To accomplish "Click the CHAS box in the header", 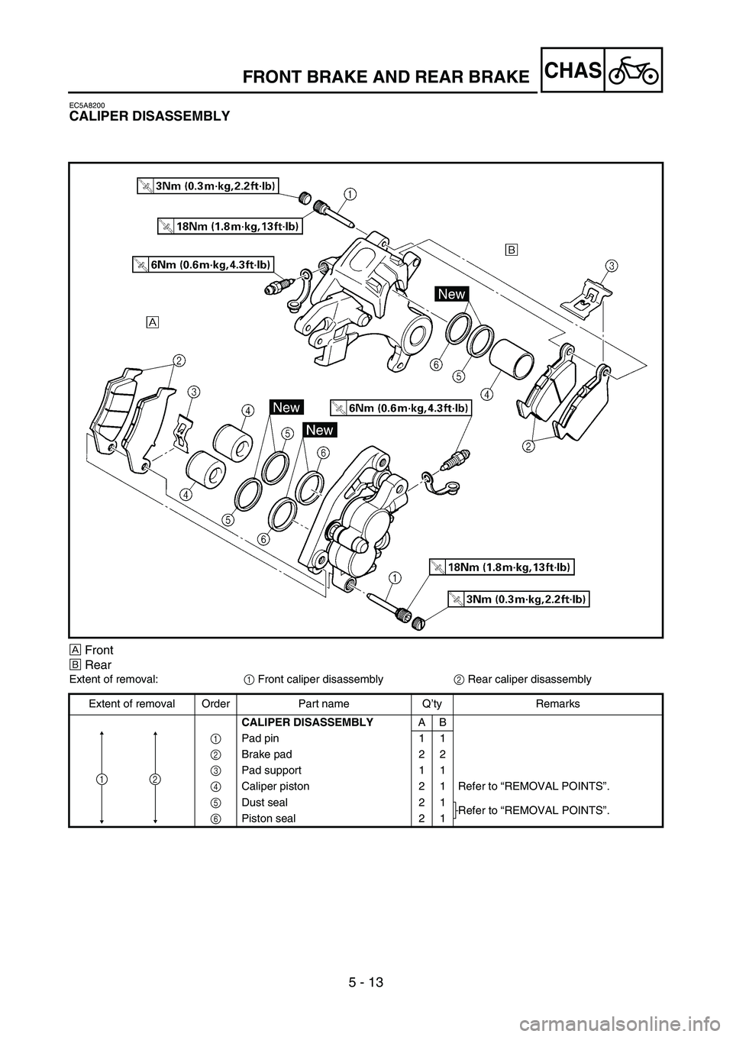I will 573,69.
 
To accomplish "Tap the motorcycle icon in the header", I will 634,69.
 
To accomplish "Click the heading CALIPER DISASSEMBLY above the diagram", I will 149,116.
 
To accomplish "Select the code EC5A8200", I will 86,104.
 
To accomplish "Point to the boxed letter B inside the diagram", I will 511,250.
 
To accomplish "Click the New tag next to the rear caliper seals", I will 451,294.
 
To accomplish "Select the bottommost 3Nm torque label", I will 519,599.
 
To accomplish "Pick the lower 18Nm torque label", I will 501,567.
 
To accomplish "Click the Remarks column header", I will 557,703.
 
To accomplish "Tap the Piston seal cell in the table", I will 267,818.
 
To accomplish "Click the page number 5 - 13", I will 366,997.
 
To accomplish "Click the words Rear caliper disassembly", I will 528,679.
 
